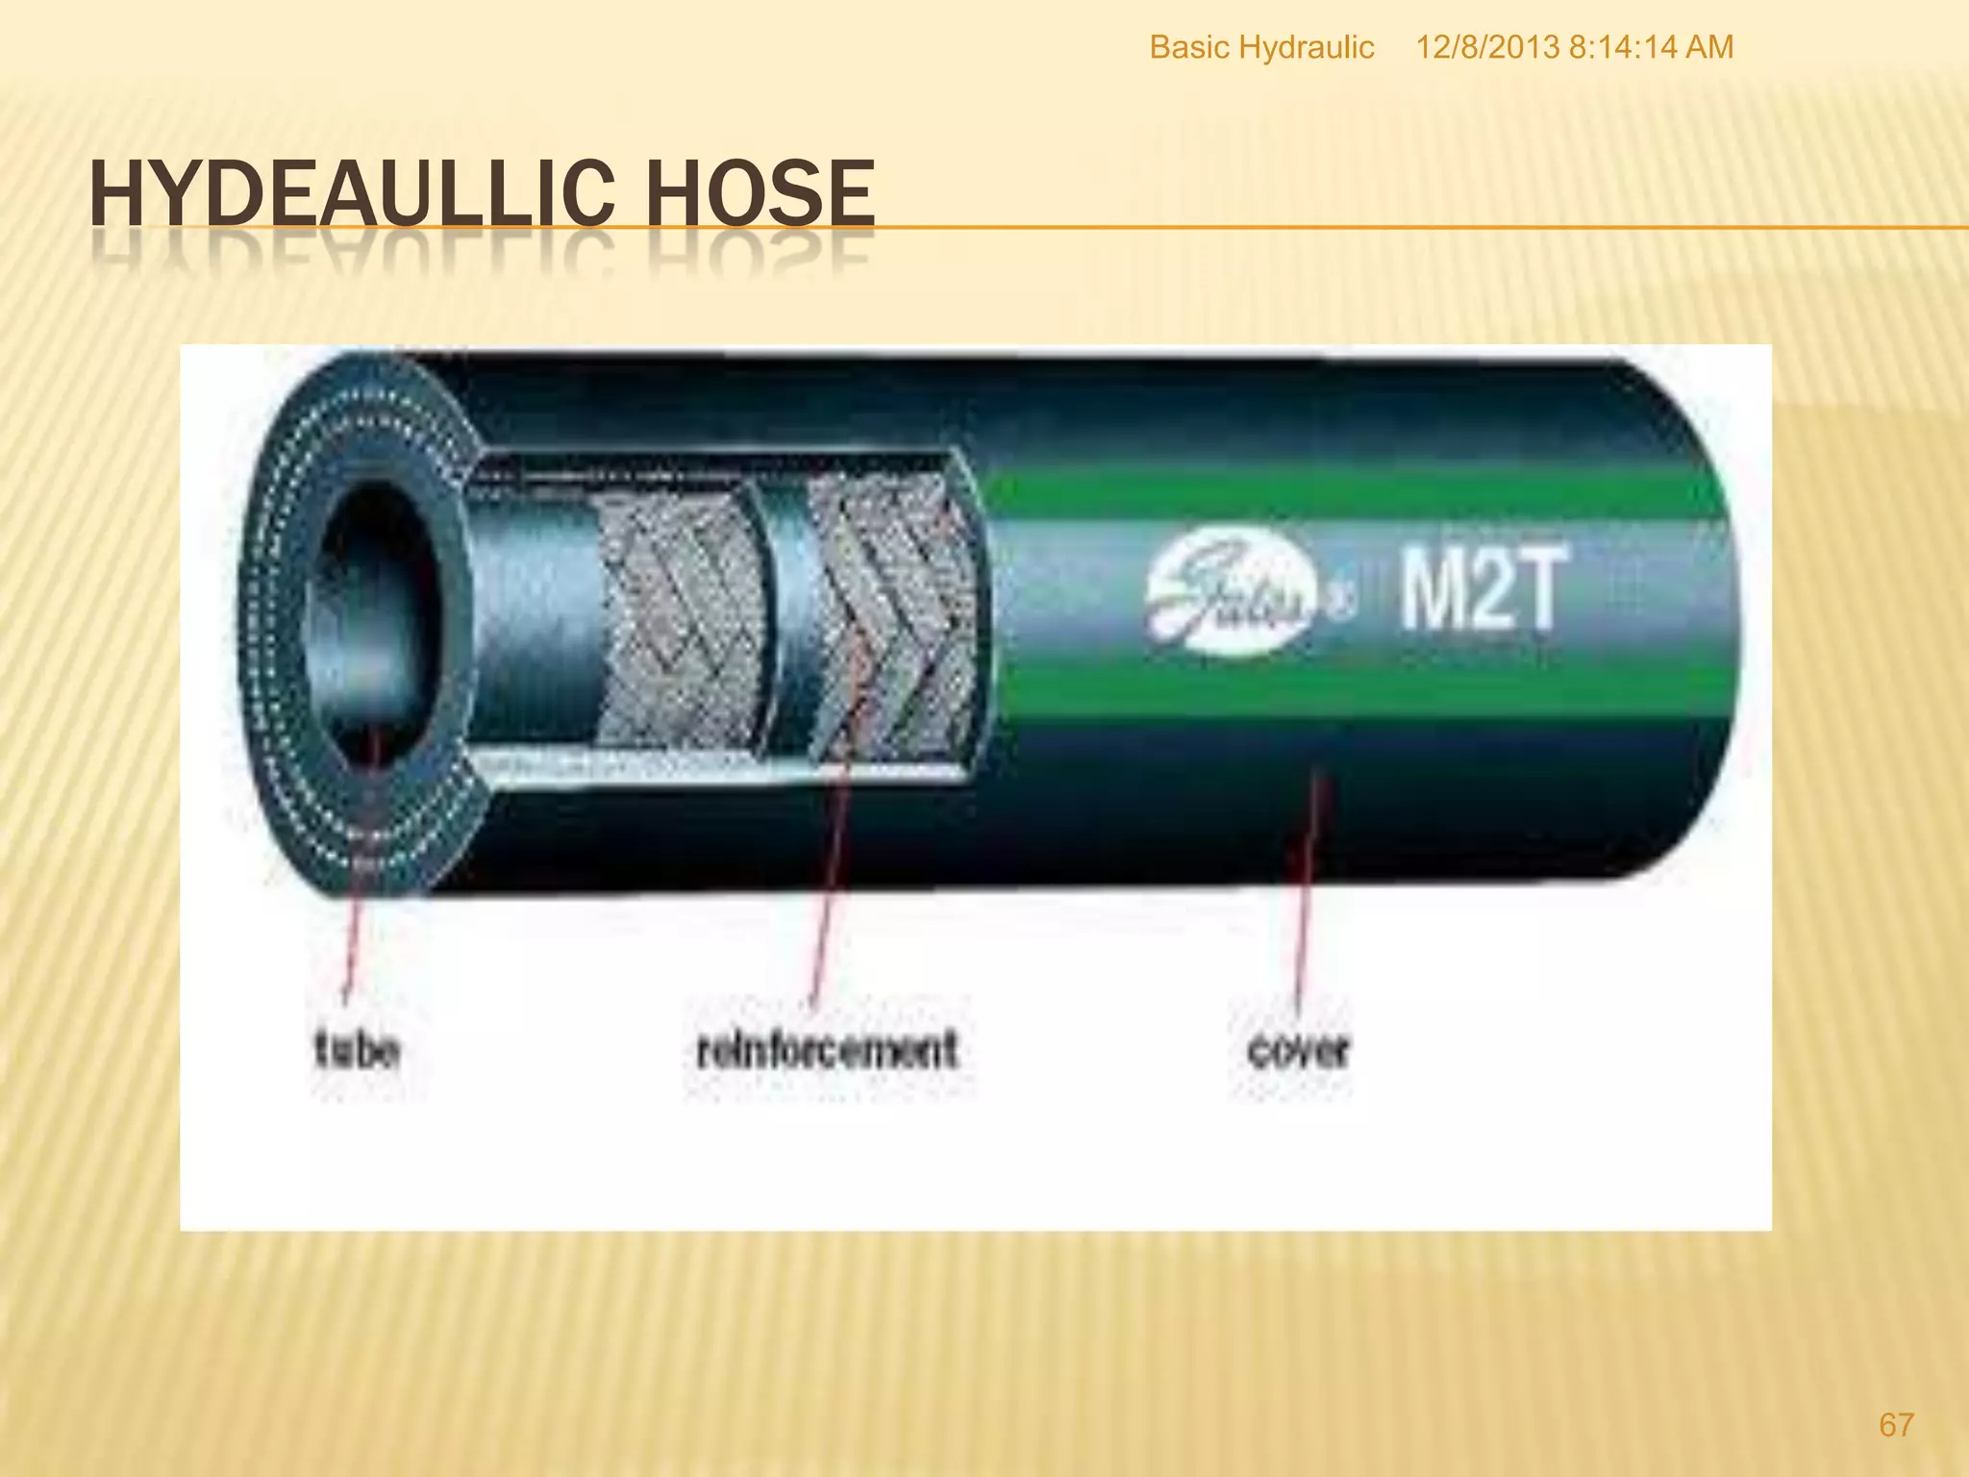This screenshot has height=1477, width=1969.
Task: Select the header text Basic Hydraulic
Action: pos(1261,47)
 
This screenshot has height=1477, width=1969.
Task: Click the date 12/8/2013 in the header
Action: pos(1487,47)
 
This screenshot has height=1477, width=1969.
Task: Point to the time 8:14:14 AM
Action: pos(1651,47)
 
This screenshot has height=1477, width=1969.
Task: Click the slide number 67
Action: pos(1896,1424)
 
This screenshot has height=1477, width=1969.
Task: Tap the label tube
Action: pos(357,1049)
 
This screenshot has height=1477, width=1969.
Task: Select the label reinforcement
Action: pos(827,1049)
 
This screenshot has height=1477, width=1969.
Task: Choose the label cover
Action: pos(1298,1049)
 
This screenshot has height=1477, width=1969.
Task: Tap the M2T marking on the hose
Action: pos(1481,587)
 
